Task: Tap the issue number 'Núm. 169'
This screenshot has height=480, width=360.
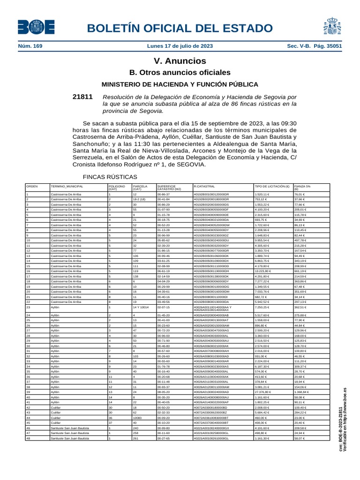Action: pos(30,46)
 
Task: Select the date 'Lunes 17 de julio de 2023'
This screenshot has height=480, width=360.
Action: pos(180,46)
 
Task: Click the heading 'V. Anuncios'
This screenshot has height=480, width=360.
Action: pos(180,61)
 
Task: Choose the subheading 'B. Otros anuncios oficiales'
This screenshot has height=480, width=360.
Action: pos(180,73)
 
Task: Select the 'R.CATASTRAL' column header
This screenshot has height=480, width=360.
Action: pos(203,186)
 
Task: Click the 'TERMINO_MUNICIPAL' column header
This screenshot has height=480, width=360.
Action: pos(67,186)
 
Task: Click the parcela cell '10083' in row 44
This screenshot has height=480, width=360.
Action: pos(138,417)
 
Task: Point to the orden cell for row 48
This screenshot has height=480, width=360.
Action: pos(28,438)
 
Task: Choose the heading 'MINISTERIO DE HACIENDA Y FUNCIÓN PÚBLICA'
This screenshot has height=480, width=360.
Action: pos(180,84)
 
